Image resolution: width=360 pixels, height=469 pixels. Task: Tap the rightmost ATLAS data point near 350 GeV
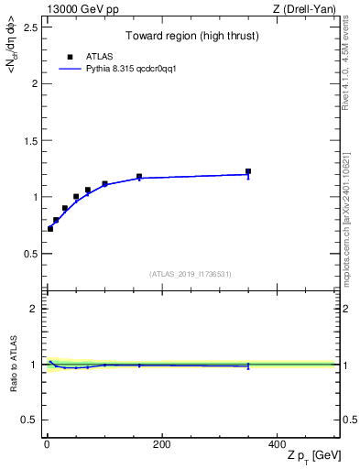248,171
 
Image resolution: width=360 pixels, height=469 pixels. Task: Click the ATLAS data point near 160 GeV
139,177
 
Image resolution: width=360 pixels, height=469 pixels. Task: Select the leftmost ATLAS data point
50,228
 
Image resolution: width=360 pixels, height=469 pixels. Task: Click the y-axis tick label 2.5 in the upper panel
30,27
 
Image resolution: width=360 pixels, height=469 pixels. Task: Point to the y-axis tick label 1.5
30,140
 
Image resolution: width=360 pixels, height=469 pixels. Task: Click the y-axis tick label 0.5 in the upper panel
30,253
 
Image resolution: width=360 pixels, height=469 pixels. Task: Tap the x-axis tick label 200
161,444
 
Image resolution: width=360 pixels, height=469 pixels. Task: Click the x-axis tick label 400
277,444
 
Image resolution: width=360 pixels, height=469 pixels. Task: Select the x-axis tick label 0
47,444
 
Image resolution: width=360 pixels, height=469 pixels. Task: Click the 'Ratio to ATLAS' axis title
13,364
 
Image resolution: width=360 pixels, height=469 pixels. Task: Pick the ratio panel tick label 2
34,309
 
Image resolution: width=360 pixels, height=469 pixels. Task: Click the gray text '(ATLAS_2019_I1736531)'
191,274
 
